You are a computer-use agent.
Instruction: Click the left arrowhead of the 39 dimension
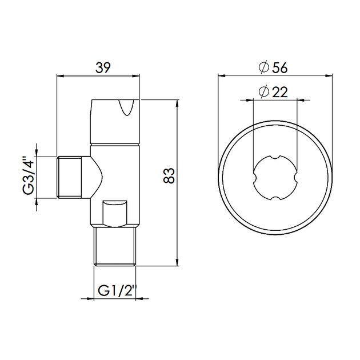(61, 75)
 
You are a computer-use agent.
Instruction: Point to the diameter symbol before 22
(264, 91)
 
